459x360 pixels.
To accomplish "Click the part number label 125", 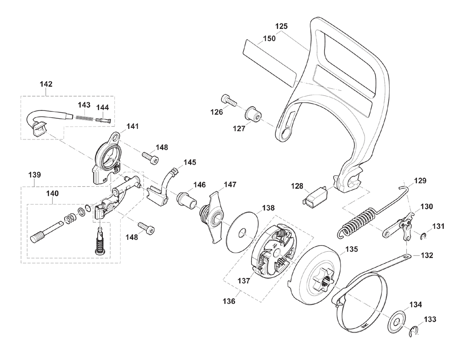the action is pyautogui.click(x=281, y=26).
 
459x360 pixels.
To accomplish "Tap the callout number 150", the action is pyautogui.click(x=269, y=39).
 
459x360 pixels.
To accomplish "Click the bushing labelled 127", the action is pyautogui.click(x=252, y=115).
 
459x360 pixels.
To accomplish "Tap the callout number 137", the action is pyautogui.click(x=244, y=281).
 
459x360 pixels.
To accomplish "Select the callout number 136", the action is pyautogui.click(x=229, y=301).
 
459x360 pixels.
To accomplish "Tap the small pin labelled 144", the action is pyautogui.click(x=102, y=120).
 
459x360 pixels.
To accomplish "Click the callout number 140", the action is pyautogui.click(x=52, y=194).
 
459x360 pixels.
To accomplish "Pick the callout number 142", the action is pyautogui.click(x=46, y=84).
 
